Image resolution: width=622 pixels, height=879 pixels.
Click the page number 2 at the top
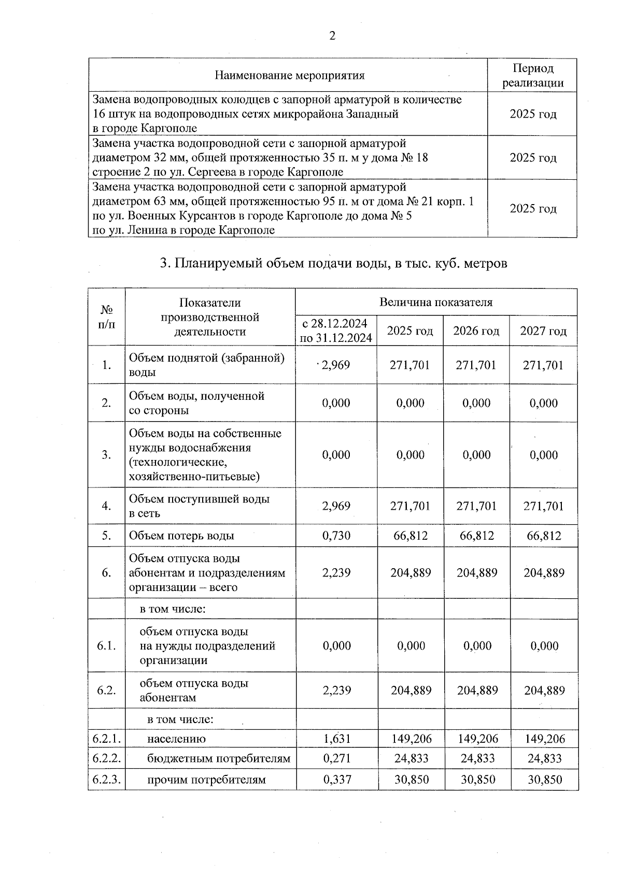(x=332, y=36)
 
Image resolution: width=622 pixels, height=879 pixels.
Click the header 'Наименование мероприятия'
(x=289, y=76)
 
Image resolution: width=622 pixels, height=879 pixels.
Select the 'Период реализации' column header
(x=532, y=76)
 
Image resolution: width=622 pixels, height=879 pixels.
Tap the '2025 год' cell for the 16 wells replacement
(x=532, y=114)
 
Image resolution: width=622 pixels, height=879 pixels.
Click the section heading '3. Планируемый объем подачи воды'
(x=333, y=264)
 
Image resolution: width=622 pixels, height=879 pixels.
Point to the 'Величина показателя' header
(x=435, y=302)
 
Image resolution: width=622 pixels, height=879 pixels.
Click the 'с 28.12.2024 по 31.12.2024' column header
(x=336, y=331)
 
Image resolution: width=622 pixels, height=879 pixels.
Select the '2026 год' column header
(x=476, y=331)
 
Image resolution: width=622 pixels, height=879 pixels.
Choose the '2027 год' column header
(x=543, y=331)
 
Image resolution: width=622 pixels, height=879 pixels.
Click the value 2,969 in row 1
(x=336, y=365)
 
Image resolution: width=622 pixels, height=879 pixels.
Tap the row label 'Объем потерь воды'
(x=181, y=536)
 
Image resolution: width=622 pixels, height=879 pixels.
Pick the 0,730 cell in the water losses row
(x=336, y=536)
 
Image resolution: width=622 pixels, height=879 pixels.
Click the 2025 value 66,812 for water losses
(x=410, y=536)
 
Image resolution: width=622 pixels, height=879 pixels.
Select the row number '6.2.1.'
(x=106, y=739)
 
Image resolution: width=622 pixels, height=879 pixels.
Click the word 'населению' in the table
(x=176, y=739)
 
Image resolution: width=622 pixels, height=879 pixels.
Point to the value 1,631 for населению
(x=336, y=739)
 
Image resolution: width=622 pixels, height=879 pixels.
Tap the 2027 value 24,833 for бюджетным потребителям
(x=544, y=759)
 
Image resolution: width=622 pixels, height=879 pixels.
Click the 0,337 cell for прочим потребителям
(x=336, y=780)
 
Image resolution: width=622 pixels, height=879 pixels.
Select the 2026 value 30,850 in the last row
(x=477, y=780)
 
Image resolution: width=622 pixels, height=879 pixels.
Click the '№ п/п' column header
(x=106, y=317)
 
